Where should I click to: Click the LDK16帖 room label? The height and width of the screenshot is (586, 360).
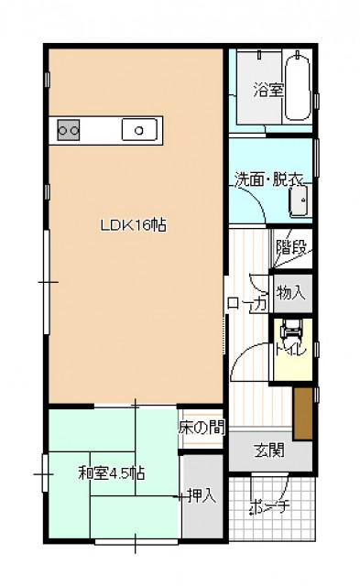click(134, 225)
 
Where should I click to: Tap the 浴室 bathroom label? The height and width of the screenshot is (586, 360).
click(268, 90)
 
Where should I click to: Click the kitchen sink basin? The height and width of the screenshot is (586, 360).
click(139, 130)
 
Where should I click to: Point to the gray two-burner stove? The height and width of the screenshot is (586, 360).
click(69, 130)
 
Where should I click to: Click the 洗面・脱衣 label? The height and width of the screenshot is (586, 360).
click(268, 179)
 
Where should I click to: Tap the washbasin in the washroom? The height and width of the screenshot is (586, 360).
click(300, 201)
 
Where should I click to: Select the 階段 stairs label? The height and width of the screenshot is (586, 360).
click(291, 247)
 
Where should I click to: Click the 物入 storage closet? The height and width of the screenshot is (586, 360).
click(292, 293)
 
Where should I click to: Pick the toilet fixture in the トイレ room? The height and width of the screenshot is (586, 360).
click(291, 329)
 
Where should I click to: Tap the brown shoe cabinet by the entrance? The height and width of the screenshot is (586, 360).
click(302, 414)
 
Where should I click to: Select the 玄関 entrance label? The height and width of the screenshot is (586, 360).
click(269, 450)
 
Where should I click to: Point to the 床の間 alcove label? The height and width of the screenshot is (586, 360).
click(202, 428)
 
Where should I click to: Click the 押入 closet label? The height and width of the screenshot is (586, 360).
click(202, 495)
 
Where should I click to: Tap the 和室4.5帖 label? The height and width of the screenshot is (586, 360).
click(112, 473)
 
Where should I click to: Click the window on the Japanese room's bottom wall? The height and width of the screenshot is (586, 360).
click(135, 541)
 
